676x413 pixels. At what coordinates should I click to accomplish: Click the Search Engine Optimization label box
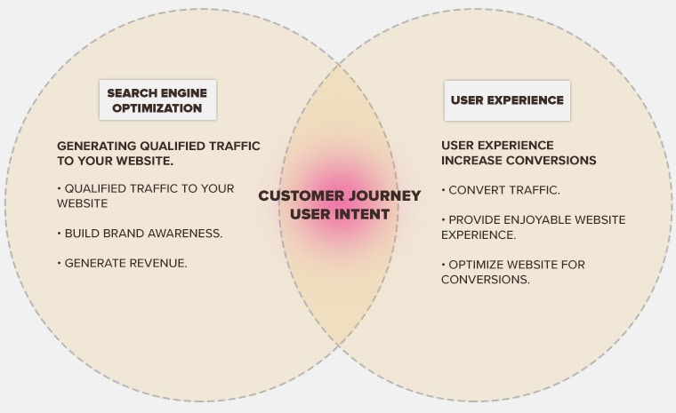click(157, 100)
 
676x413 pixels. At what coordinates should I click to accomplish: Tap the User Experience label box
click(507, 100)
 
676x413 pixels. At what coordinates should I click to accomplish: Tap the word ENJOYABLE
click(541, 219)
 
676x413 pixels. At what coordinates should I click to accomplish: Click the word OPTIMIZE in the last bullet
click(481, 265)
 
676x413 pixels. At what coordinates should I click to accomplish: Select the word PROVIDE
click(476, 219)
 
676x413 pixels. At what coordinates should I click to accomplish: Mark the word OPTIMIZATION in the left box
click(157, 108)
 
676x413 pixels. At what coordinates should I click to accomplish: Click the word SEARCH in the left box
click(132, 92)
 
